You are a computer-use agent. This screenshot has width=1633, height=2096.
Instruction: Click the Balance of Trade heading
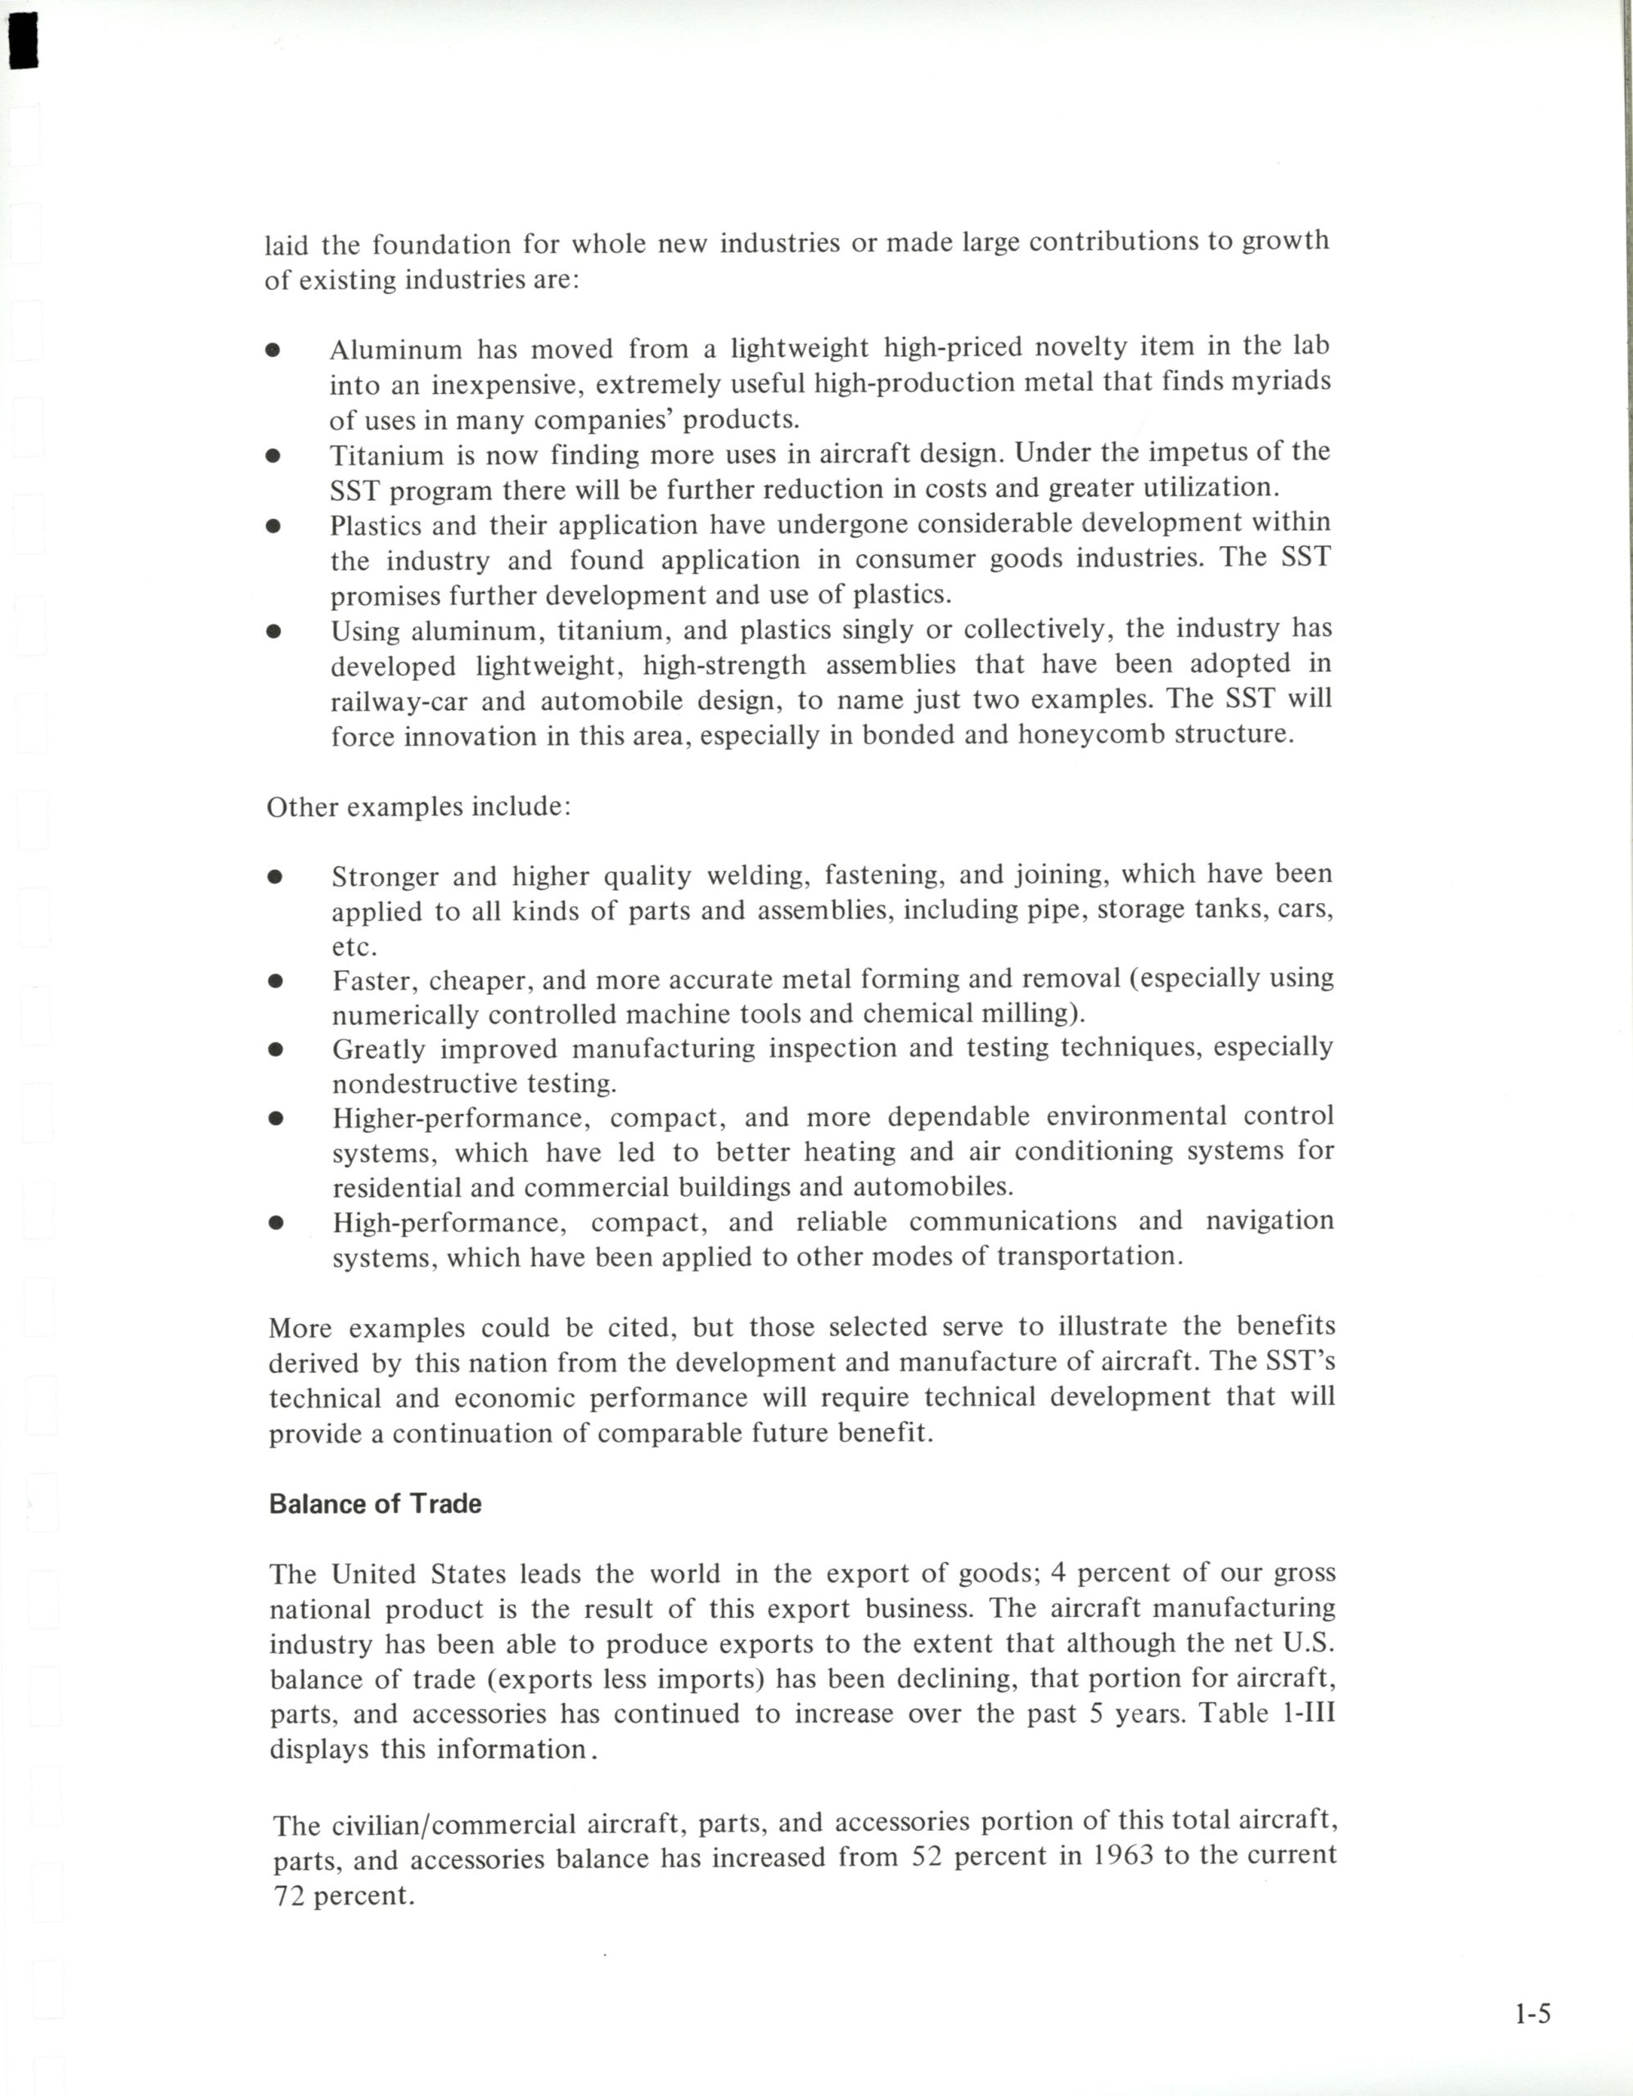tap(375, 1504)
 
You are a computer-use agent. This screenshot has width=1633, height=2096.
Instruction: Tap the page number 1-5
tap(1532, 2013)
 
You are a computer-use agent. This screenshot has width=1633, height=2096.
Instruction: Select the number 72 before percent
tap(288, 1896)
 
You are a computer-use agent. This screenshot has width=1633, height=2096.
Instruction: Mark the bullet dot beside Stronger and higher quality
tap(275, 876)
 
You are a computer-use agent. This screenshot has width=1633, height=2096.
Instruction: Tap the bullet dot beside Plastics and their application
tap(273, 525)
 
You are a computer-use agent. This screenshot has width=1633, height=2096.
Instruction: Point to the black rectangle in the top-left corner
tap(23, 40)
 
